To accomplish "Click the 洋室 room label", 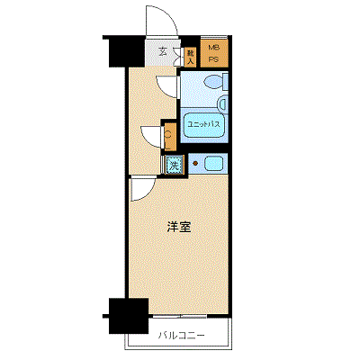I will pos(177,228).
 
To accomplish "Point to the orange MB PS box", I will pos(213,53).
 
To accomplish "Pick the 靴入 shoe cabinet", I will pos(191,55).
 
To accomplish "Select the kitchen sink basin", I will pos(214,163).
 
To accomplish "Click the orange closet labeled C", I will pos(168,136).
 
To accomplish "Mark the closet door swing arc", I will pos(151,134).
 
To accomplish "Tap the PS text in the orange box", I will pos(213,59).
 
